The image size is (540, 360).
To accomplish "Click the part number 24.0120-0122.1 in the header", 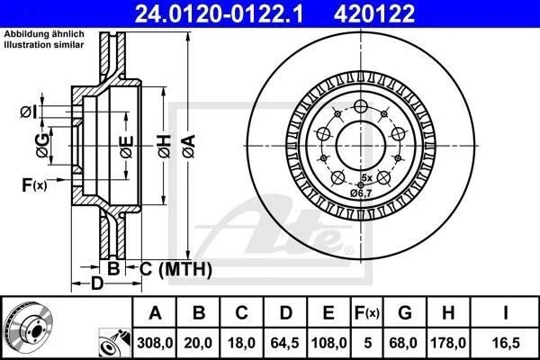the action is [x=220, y=13].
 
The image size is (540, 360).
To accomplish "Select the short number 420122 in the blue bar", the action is [x=374, y=13].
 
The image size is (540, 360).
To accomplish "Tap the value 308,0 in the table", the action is [x=155, y=343].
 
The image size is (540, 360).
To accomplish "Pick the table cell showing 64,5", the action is [x=284, y=343].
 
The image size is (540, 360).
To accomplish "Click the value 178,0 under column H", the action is [x=448, y=343].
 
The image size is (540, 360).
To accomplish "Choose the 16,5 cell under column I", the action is [x=506, y=343].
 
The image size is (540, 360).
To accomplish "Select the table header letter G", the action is [x=405, y=313].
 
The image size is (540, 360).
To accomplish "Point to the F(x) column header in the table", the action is [x=367, y=313].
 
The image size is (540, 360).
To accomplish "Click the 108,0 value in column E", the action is [x=328, y=343].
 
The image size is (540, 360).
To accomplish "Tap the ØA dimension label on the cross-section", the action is [x=189, y=147].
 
